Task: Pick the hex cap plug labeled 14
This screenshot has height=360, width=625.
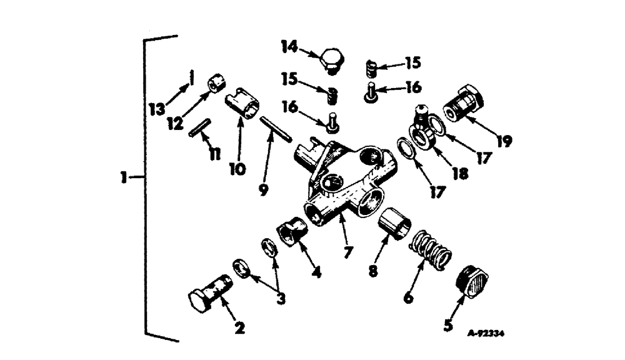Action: tap(331, 61)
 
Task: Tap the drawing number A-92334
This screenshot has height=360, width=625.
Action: tap(486, 334)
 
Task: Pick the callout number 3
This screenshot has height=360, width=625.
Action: tap(281, 299)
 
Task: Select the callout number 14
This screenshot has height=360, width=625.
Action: tap(289, 47)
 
